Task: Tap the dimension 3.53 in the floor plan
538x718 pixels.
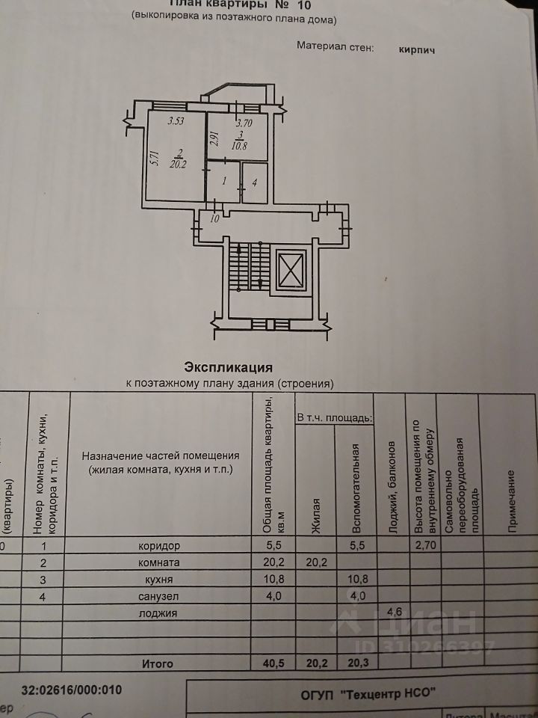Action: (176, 121)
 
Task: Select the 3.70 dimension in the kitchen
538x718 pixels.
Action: (244, 123)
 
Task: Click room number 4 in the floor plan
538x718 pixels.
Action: (255, 181)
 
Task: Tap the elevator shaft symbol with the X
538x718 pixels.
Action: (290, 270)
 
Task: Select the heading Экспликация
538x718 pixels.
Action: (228, 367)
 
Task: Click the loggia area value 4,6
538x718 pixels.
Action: (392, 613)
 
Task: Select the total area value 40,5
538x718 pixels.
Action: (273, 663)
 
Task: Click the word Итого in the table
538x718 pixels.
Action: (157, 663)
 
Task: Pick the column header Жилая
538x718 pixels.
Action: (316, 516)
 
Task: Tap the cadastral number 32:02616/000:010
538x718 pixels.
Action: (72, 690)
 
